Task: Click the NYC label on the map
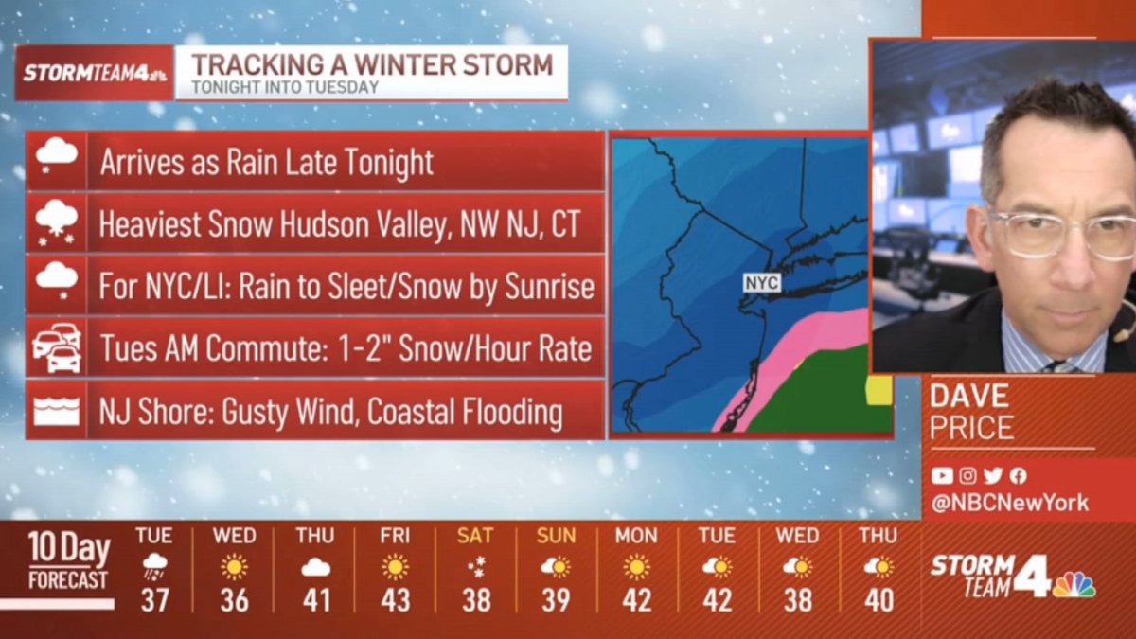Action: coord(761,283)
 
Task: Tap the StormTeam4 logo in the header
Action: coord(95,73)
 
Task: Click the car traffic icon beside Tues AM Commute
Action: coord(56,348)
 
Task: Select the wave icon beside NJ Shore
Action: coord(56,412)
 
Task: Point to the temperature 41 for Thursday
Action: coord(314,599)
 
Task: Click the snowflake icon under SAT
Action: coord(475,566)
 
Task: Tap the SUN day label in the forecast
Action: coord(556,536)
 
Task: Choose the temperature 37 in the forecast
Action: coord(153,599)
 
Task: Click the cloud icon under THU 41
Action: coord(314,567)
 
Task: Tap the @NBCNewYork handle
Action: coord(1009,504)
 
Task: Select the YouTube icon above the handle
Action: coord(942,476)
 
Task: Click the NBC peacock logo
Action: coord(1074,583)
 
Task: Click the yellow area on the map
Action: coord(879,388)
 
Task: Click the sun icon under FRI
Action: coord(395,566)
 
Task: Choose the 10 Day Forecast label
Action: coord(68,560)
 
